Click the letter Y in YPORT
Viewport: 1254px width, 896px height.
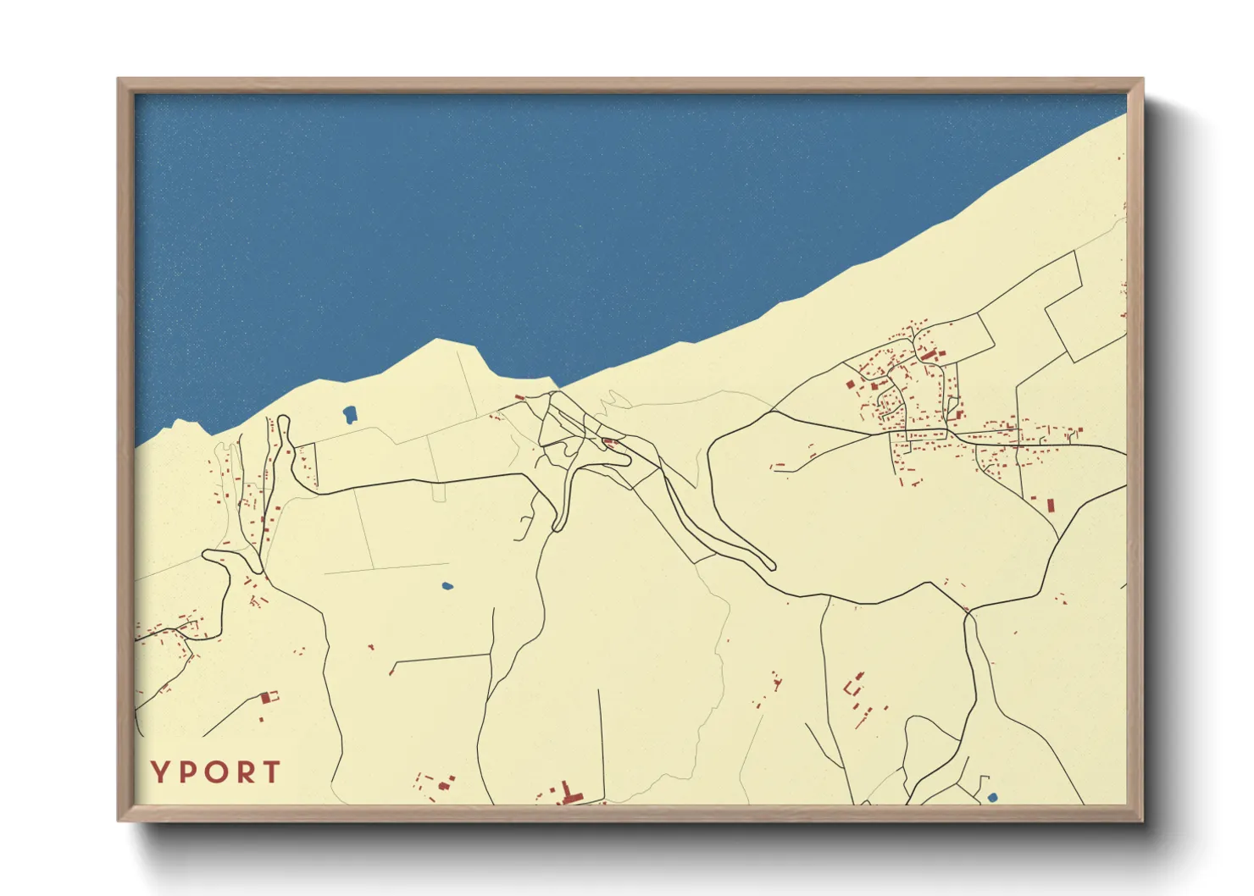coord(159,772)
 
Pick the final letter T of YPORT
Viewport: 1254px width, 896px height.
coord(272,772)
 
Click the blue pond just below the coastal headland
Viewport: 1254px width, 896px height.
coord(349,414)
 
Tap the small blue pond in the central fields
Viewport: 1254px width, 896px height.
coord(447,585)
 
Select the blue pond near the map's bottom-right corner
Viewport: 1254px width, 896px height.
coord(993,797)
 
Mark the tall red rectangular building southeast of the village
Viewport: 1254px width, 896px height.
coord(1051,506)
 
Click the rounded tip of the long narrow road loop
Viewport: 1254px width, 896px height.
coord(770,564)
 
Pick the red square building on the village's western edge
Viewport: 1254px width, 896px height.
coord(850,384)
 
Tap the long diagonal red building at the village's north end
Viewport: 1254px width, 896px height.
coord(929,354)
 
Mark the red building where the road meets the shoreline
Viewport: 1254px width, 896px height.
coord(519,396)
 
